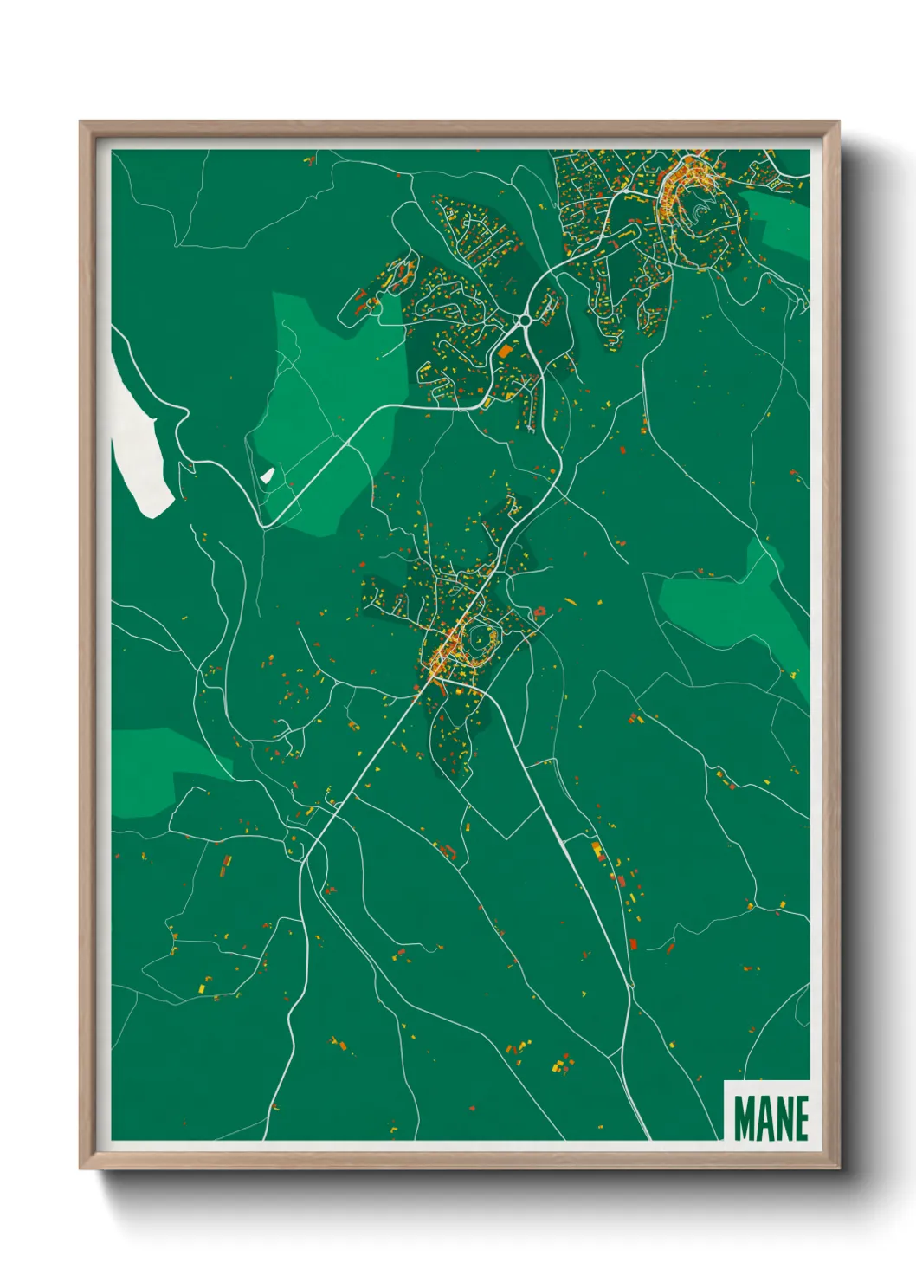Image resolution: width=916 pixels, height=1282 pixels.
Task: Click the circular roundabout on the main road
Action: tap(523, 322)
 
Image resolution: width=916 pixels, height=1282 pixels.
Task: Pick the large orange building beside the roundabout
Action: tap(505, 352)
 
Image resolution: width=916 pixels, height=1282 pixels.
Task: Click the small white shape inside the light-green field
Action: tap(267, 476)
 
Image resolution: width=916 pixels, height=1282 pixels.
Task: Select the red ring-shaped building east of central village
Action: tap(540, 612)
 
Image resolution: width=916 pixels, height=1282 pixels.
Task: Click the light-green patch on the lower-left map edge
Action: tap(147, 771)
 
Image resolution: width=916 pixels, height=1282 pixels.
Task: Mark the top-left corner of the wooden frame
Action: tap(81, 122)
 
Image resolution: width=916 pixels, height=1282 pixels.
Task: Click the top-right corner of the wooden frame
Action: tap(838, 122)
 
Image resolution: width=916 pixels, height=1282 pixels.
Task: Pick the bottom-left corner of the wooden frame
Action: tap(81, 1167)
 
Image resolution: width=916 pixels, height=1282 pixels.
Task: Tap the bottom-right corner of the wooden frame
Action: tap(838, 1167)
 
